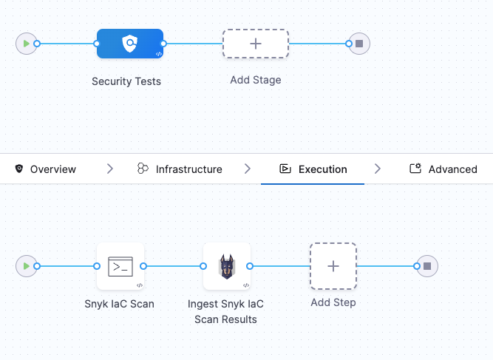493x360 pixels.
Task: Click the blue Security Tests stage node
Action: pos(129,44)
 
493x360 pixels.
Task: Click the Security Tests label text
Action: pos(126,81)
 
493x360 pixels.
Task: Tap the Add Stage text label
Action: pos(255,80)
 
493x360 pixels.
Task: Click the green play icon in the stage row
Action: pos(27,44)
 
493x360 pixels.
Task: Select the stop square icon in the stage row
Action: pos(359,44)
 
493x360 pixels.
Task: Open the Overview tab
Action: pos(45,169)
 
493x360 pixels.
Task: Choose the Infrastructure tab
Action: pos(180,169)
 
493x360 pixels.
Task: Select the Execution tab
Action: pos(313,169)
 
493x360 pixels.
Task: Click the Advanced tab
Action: pos(443,169)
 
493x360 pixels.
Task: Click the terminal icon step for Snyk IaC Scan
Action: pos(120,266)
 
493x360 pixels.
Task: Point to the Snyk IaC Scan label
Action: pos(120,304)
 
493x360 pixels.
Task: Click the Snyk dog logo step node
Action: pos(227,266)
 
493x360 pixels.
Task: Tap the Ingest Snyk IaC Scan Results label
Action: pos(226,312)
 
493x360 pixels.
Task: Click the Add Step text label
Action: pos(333,302)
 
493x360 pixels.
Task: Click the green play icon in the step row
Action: pos(27,266)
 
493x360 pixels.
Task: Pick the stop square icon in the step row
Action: pos(427,266)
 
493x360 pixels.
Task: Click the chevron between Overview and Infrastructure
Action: pos(110,169)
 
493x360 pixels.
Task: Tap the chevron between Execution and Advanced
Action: pos(378,169)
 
